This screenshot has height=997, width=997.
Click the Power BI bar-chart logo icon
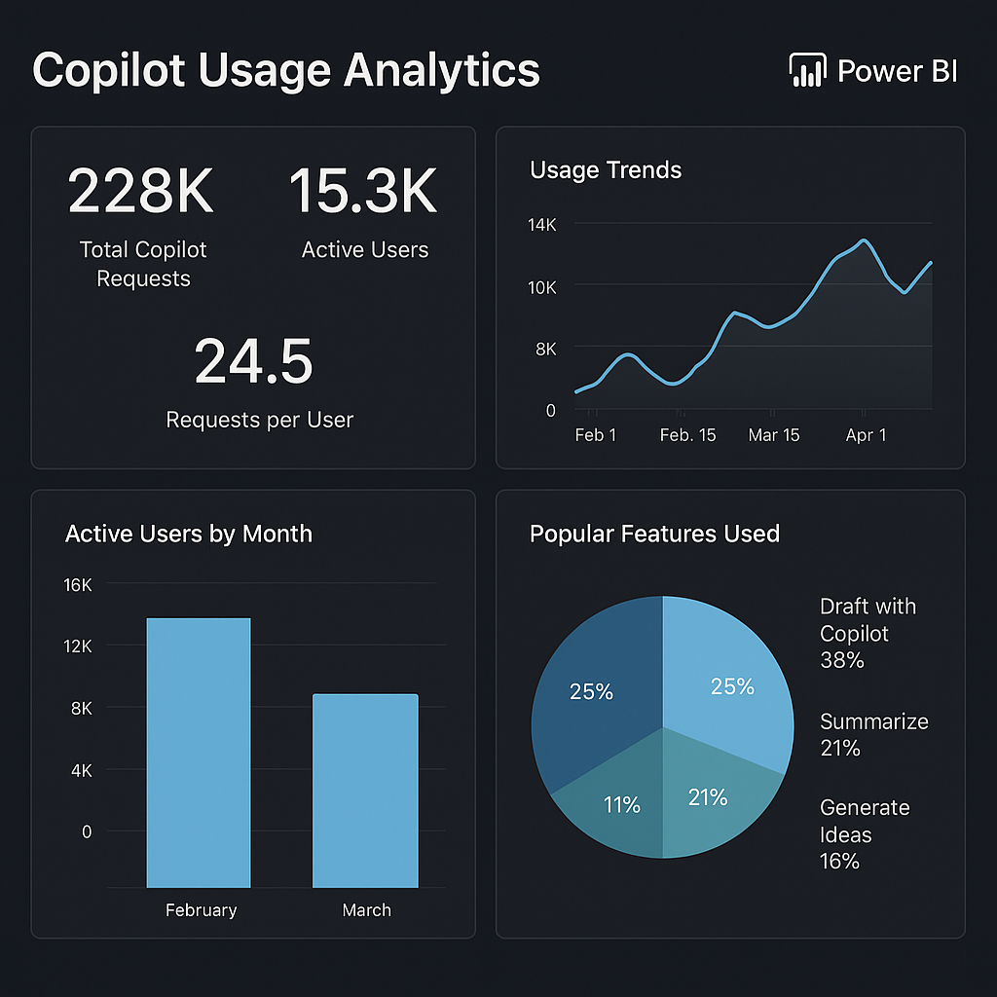805,71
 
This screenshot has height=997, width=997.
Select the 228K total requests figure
140,191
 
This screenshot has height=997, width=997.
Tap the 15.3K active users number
363,191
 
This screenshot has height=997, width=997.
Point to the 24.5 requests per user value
253,361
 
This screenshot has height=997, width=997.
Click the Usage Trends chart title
606,170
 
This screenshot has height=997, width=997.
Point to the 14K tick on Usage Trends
541,225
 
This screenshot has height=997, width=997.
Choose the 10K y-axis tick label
541,287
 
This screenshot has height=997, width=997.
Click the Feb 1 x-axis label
595,435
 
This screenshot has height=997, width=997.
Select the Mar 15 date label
774,435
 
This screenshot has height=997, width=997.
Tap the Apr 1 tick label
866,435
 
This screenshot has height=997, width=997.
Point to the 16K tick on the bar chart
78,585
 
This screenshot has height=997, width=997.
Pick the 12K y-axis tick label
78,646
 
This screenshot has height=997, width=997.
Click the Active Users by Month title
189,534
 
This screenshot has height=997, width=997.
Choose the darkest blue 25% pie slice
594,682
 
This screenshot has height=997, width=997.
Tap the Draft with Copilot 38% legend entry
867,633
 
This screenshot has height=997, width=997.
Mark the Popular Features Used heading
654,534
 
